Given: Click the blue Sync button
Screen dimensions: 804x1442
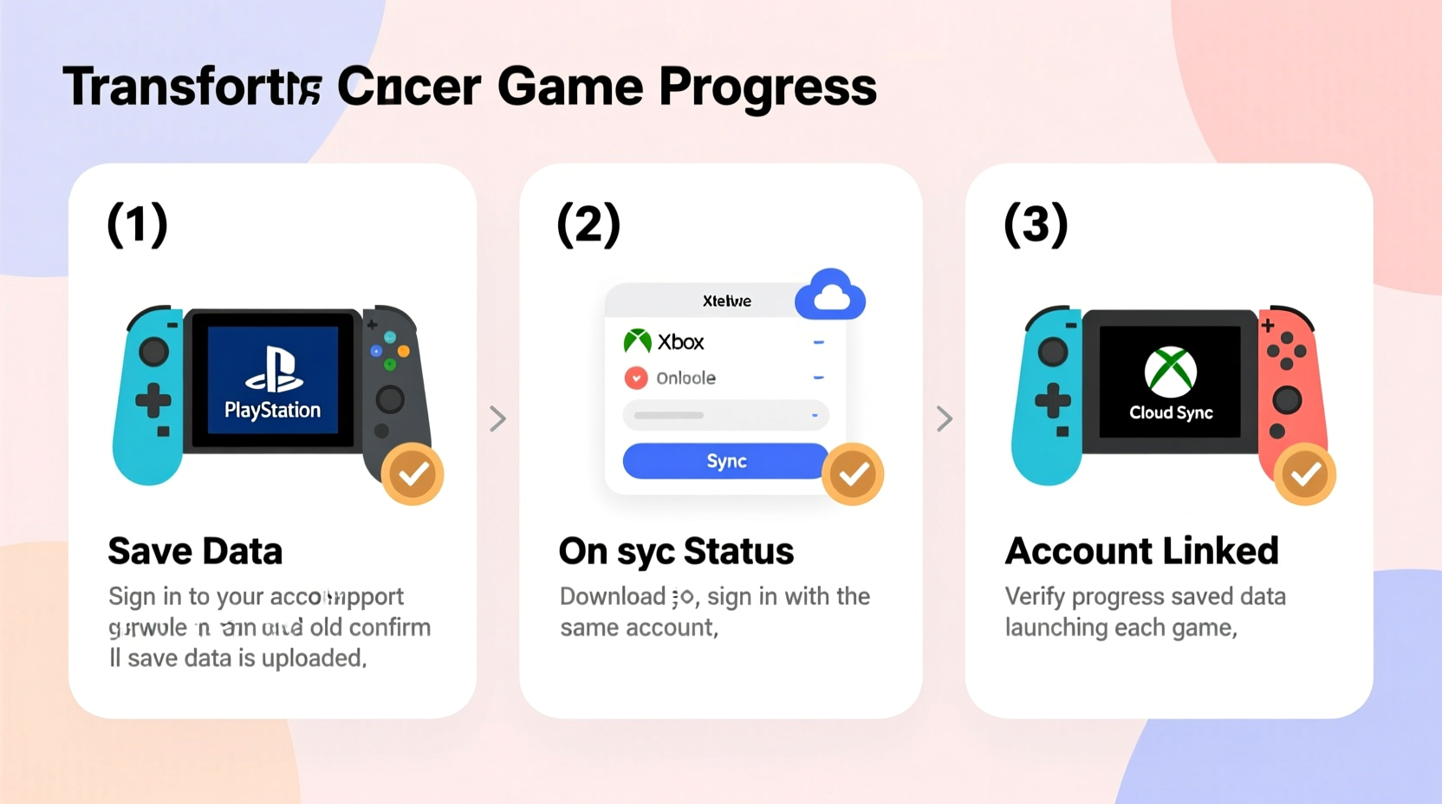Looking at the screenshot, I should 725,461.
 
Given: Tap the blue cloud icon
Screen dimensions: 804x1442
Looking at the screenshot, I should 830,295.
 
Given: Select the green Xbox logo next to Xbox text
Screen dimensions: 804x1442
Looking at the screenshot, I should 638,341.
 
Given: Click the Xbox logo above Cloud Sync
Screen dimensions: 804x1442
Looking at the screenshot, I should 1170,372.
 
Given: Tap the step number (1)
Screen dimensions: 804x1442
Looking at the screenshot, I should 137,224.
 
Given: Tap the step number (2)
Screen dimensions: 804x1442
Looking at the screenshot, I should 588,224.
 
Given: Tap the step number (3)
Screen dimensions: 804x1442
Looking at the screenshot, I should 1036,224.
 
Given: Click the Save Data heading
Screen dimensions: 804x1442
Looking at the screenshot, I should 195,551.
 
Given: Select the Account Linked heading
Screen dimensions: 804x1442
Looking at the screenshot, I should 1141,551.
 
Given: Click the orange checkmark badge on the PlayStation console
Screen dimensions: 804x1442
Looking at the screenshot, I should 412,474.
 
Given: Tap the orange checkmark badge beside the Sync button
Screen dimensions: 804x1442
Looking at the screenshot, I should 853,474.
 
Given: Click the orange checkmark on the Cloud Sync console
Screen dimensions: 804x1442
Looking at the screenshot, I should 1304,474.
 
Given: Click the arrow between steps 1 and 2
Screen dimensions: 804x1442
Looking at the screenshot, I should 497,418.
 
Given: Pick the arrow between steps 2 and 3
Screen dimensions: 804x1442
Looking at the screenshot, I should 945,418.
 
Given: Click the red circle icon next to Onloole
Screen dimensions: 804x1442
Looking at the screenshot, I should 636,378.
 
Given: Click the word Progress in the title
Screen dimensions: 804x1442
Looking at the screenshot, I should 767,88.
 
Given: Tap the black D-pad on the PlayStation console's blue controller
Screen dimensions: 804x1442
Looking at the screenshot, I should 153,400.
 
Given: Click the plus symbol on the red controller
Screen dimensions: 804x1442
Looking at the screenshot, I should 1268,327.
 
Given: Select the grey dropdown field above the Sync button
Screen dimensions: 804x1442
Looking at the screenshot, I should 725,415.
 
